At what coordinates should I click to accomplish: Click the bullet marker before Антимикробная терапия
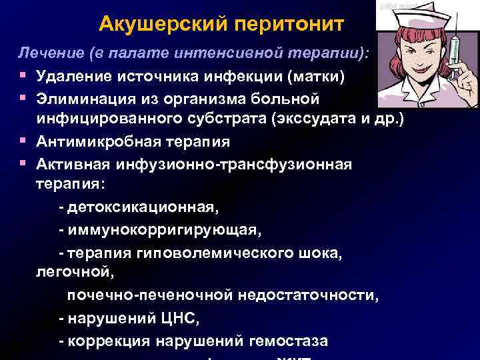(x=23, y=141)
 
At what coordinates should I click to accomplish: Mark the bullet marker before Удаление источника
(x=23, y=75)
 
